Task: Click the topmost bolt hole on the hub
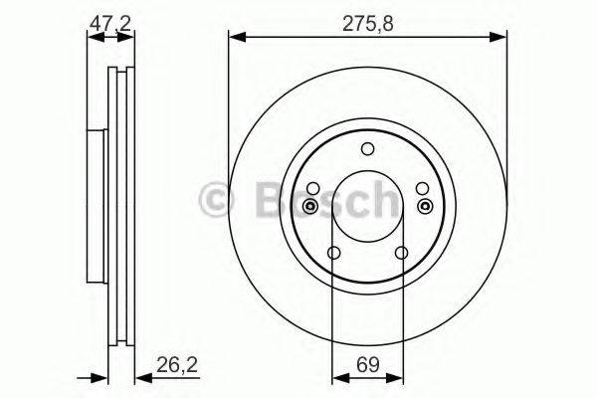coord(367,150)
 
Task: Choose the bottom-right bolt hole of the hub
coord(401,253)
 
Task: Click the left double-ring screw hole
coord(310,206)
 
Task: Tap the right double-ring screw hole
coord(425,206)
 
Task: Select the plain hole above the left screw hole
coord(313,188)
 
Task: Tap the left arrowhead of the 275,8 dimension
coord(235,38)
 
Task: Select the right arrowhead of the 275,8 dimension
coord(500,38)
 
